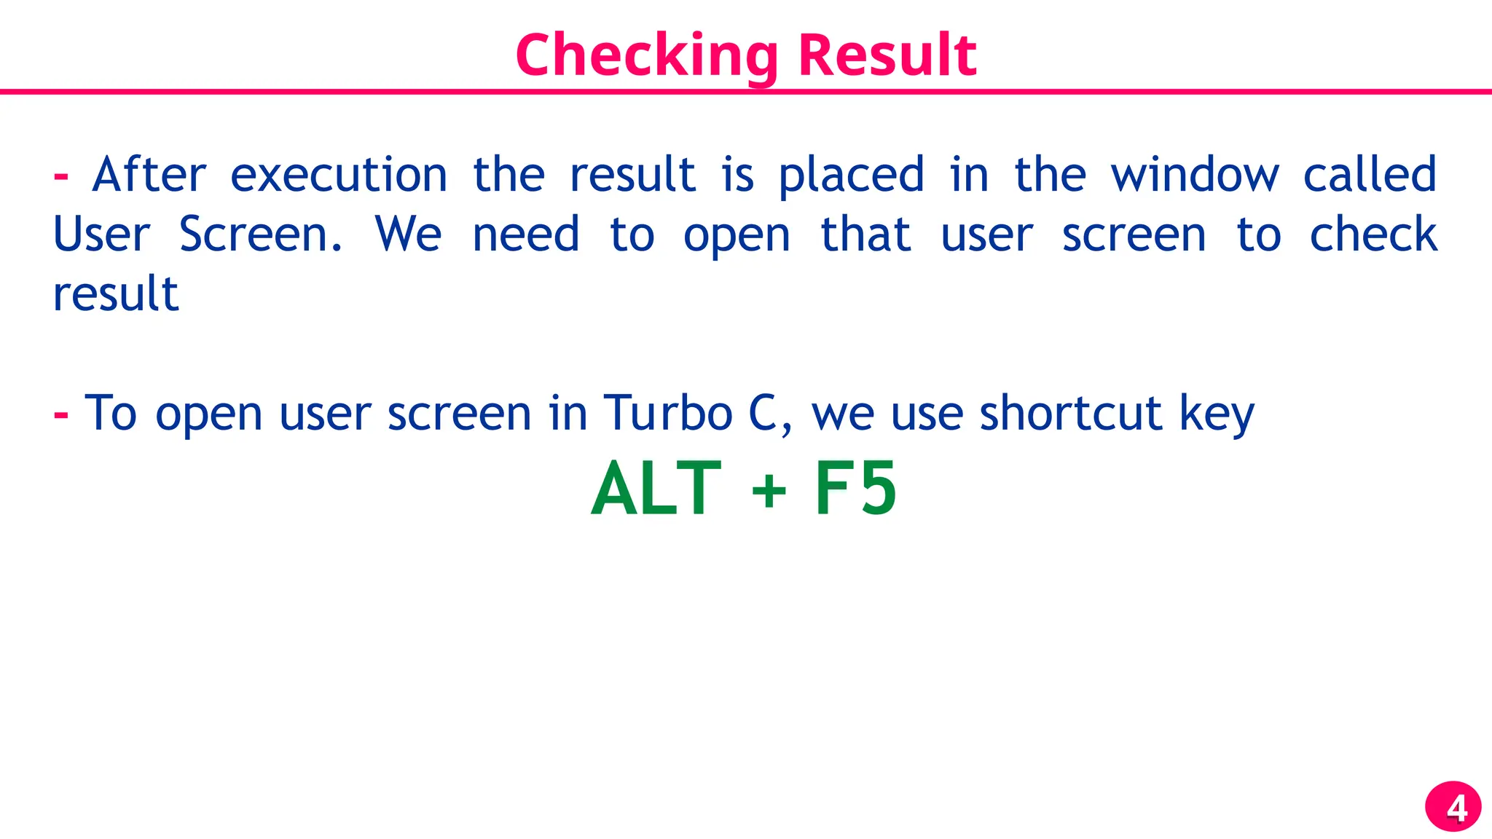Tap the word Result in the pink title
point(887,55)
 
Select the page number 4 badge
point(1453,807)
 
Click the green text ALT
point(656,489)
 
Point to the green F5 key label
point(855,489)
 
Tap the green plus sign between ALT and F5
point(769,491)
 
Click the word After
point(149,175)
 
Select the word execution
point(339,175)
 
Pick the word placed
point(852,176)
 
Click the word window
point(1195,175)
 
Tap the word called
point(1370,175)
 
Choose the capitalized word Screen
point(260,235)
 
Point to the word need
point(526,235)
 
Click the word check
point(1373,235)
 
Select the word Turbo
point(667,414)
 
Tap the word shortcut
point(1071,414)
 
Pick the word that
point(865,235)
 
